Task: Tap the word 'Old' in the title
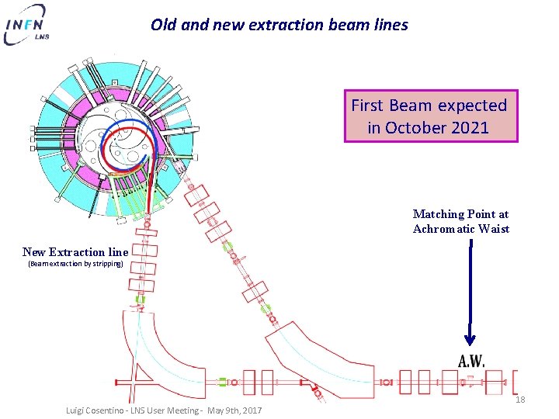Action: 164,25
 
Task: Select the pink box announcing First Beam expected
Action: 430,116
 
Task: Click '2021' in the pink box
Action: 467,127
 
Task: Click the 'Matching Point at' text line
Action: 460,214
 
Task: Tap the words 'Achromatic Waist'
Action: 460,229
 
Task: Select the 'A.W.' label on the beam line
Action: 471,360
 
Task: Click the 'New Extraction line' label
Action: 75,251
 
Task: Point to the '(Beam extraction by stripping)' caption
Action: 75,264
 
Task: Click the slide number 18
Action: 520,400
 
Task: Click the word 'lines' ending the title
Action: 390,25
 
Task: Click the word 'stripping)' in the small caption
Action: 107,264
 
